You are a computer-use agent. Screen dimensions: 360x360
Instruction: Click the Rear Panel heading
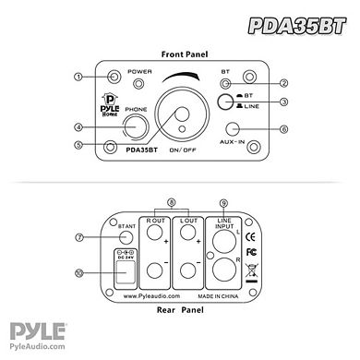(x=182, y=310)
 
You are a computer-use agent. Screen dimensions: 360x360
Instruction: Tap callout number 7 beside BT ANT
(x=79, y=237)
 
